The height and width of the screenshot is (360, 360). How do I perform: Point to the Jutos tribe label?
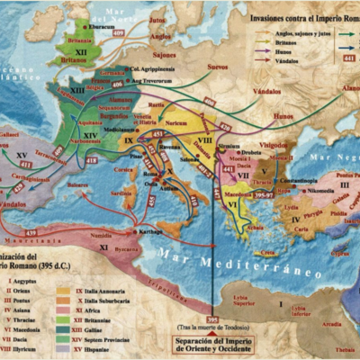(158, 17)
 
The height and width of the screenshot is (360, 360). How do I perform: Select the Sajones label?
(164, 53)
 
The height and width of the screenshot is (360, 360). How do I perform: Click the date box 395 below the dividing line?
(212, 319)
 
